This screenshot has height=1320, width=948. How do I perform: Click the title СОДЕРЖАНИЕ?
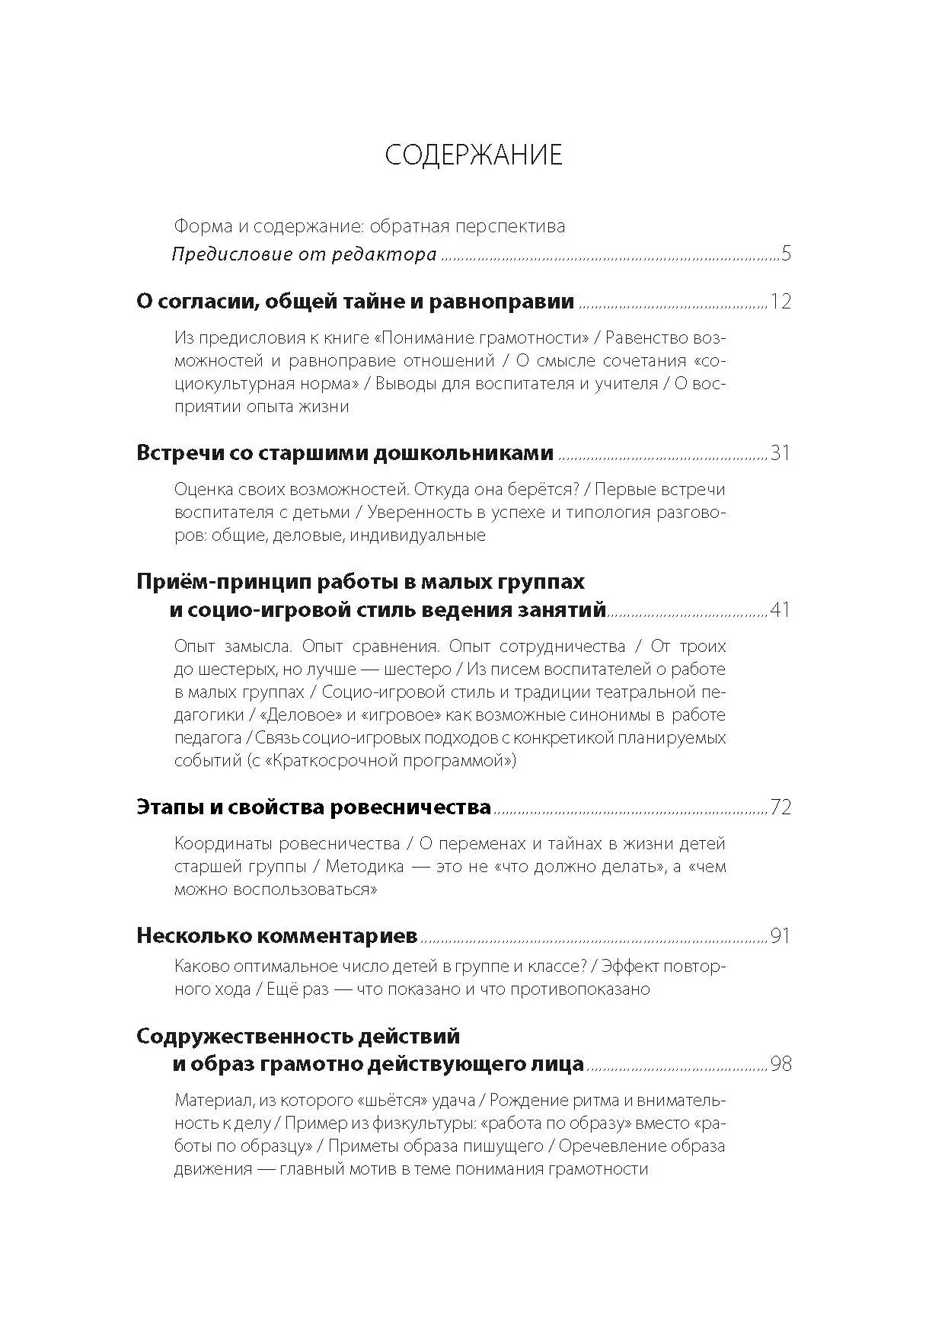pos(473,155)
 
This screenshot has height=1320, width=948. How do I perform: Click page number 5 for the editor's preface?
pos(786,254)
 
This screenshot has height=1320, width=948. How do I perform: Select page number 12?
pos(780,302)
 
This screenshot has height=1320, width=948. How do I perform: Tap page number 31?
pos(780,453)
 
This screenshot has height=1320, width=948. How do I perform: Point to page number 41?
pos(780,609)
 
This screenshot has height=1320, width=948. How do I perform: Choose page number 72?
pos(780,807)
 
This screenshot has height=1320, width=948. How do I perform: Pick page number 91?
pos(780,936)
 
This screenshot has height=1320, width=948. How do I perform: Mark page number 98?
pos(780,1063)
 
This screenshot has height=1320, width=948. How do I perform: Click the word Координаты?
pos(222,844)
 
